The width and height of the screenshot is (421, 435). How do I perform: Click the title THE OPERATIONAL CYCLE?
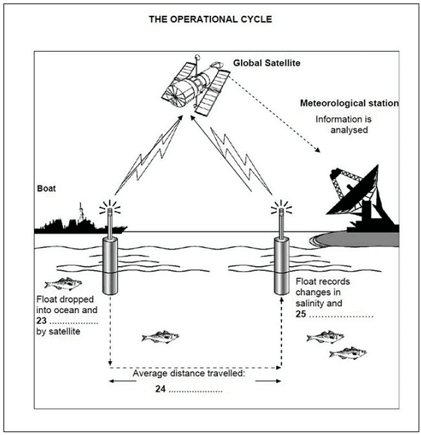(210, 19)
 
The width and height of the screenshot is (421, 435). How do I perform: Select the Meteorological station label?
(349, 104)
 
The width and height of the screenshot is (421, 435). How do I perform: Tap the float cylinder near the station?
(281, 265)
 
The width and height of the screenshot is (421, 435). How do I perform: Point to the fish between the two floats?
(160, 337)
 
